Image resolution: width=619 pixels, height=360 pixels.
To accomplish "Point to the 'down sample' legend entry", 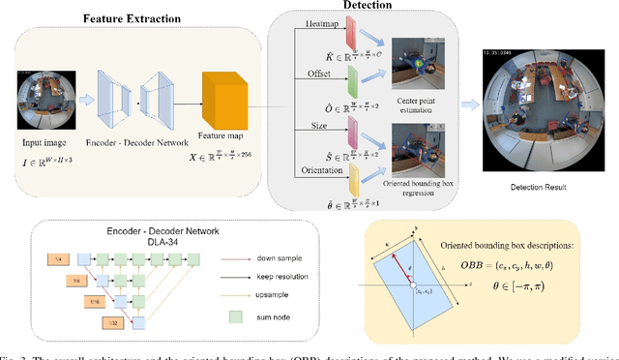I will coord(267,258).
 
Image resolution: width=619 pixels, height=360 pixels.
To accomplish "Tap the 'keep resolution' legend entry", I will coord(271,276).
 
